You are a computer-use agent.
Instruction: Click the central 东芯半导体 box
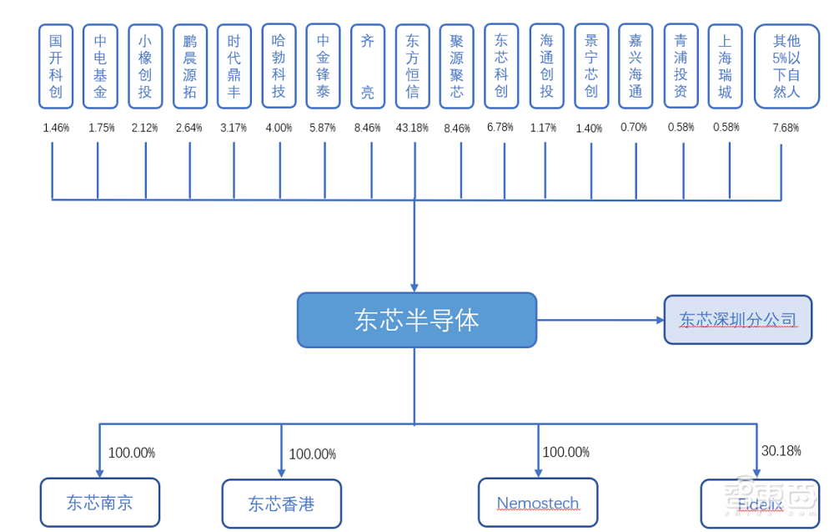point(416,320)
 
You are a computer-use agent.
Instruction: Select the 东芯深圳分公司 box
point(737,320)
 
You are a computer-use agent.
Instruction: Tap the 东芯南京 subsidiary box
point(100,502)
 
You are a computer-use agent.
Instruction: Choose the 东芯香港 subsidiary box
point(281,504)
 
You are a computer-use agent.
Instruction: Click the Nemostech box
point(537,503)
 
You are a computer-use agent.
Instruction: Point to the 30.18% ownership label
point(781,451)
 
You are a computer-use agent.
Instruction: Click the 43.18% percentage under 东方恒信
point(413,128)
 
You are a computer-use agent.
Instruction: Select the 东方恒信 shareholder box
point(413,67)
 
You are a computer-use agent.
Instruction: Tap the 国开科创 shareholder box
point(56,67)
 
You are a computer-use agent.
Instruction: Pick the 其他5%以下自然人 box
point(786,67)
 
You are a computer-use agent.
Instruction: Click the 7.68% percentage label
point(785,128)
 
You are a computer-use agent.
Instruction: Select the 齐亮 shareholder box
point(368,67)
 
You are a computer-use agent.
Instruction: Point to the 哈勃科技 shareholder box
point(279,66)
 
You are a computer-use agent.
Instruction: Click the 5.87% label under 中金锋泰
point(322,128)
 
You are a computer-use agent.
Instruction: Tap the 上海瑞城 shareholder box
point(725,67)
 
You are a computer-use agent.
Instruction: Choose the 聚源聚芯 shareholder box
point(456,67)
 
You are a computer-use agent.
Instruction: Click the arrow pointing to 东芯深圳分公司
point(600,320)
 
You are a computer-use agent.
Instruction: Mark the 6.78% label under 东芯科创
point(500,128)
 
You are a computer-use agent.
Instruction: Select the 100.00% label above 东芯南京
point(131,453)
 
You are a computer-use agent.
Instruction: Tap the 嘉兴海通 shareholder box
point(636,67)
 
